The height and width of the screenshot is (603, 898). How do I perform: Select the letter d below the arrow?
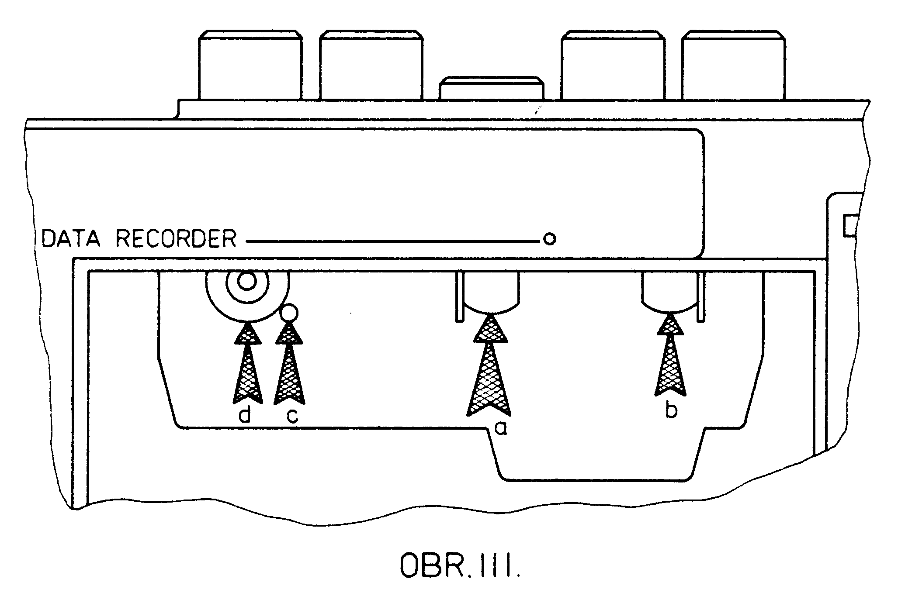[x=245, y=416]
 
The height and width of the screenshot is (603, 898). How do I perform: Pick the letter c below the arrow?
[x=292, y=416]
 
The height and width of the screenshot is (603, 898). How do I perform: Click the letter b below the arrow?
[x=671, y=410]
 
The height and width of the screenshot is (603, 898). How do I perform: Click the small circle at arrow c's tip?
[x=289, y=312]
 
